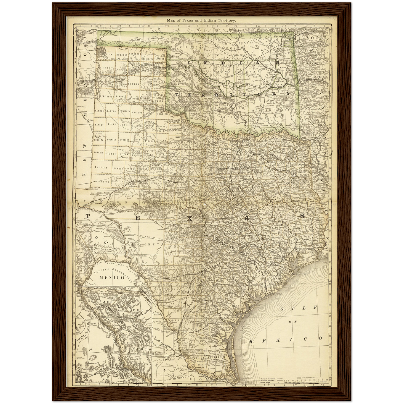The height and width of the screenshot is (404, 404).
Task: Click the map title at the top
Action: click(x=201, y=20)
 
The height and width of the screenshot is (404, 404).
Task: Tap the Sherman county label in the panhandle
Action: click(x=122, y=55)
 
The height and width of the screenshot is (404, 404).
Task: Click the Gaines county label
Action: click(x=101, y=167)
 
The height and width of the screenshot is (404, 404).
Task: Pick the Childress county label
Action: click(x=162, y=114)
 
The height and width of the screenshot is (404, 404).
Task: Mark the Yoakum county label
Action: click(x=99, y=153)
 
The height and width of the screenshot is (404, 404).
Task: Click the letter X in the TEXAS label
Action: click(x=190, y=219)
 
